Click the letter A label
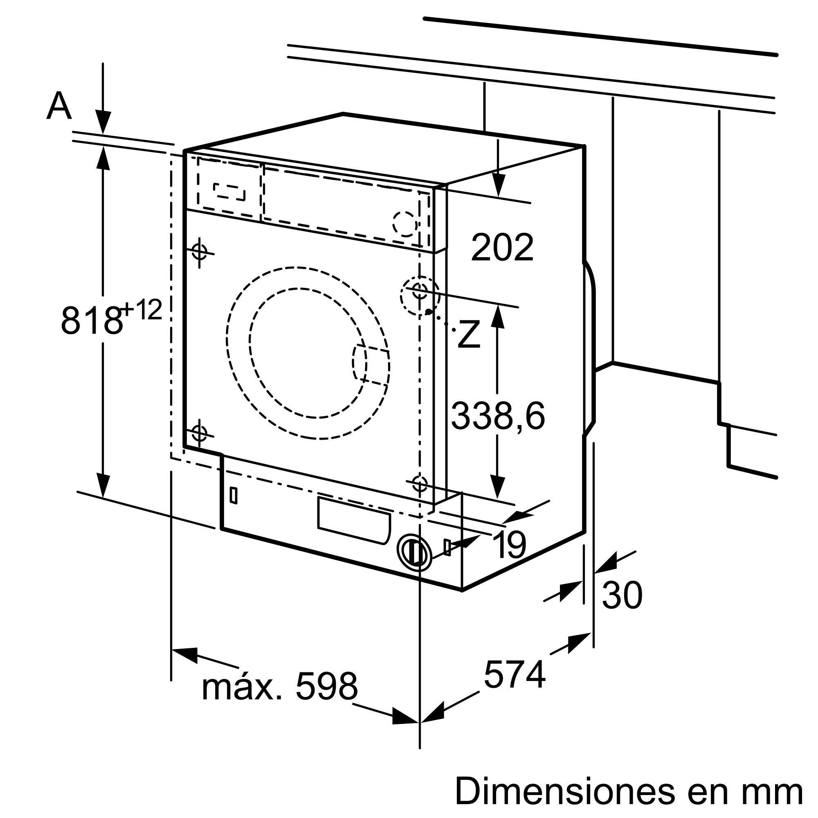click(x=59, y=106)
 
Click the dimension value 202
click(x=502, y=248)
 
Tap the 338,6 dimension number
click(x=498, y=416)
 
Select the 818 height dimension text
click(x=91, y=320)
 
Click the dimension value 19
click(x=509, y=545)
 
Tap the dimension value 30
click(x=622, y=595)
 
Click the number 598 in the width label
click(x=326, y=687)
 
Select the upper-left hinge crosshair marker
click(x=200, y=252)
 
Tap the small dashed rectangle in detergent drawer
click(x=229, y=191)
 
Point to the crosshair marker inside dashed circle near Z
click(x=420, y=290)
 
